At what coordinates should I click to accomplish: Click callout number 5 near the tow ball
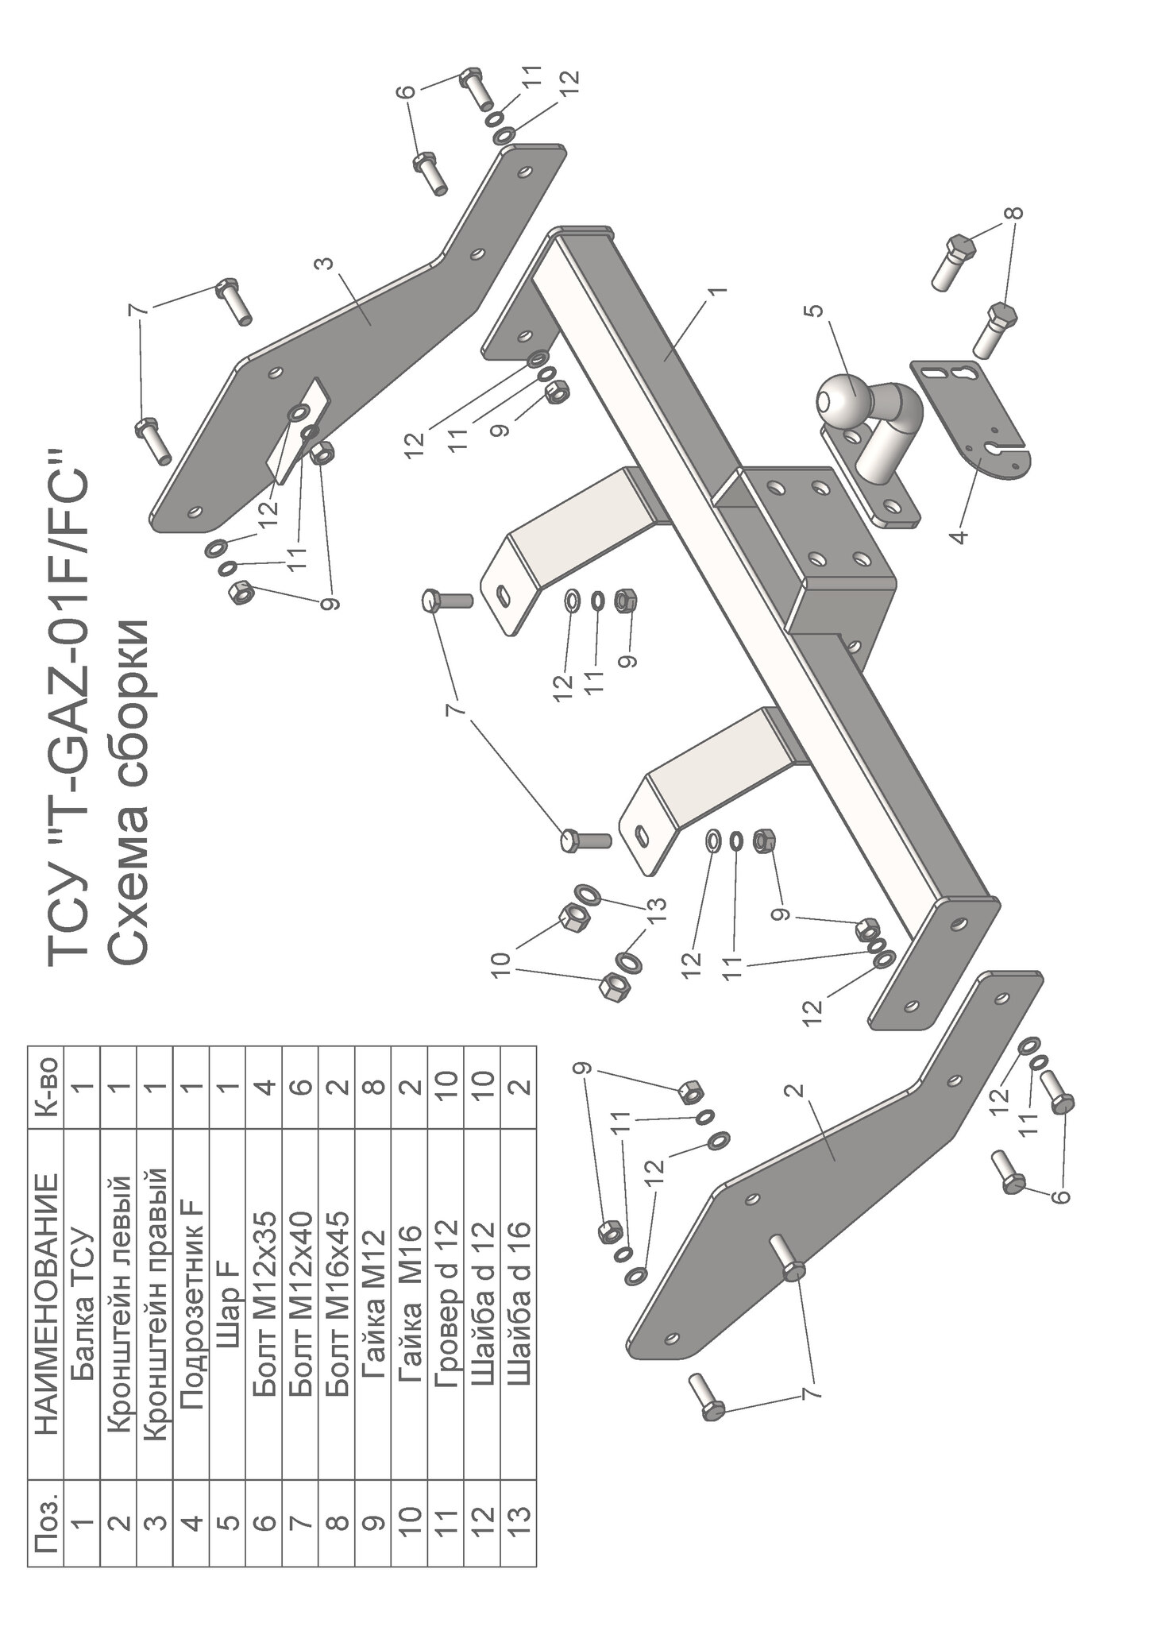pyautogui.click(x=818, y=314)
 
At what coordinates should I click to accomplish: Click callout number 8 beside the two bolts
pyautogui.click(x=1017, y=213)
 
